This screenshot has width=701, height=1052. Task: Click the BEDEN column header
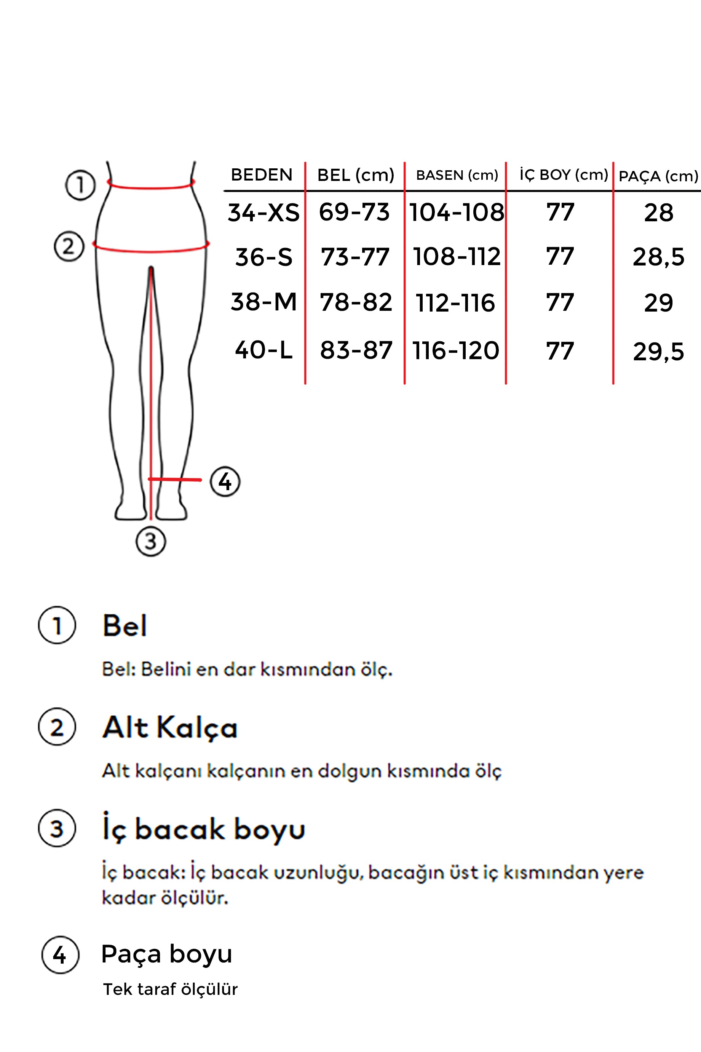pos(262,175)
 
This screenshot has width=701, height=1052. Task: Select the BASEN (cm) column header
pos(457,175)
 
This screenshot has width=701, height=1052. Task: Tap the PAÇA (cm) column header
pos(658,176)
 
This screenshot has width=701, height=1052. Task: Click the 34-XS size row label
pos(264,213)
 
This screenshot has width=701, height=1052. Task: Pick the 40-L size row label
pos(264,350)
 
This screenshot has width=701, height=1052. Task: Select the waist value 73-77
pos(355,257)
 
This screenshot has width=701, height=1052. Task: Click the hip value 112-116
pos(455,303)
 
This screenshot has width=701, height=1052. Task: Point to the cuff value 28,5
pos(658,257)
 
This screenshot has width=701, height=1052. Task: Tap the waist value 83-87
pos(356,350)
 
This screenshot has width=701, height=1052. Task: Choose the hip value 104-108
pos(457,213)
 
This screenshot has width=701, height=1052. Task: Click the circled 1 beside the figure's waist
pos(80,185)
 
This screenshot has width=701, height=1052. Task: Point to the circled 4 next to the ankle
pos(225,481)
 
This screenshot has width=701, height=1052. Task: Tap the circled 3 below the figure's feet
pos(151,541)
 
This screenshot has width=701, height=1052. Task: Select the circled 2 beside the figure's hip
pos(69,246)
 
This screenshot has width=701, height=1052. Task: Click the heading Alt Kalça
pos(170,728)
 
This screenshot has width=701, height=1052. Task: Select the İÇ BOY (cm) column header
pos(563,175)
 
